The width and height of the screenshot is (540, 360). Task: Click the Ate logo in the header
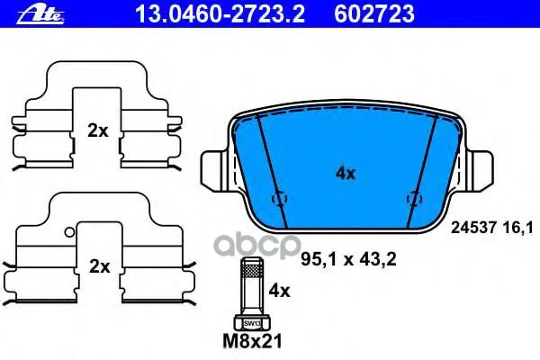coord(40,14)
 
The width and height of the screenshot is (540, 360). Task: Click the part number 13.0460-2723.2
coord(220,14)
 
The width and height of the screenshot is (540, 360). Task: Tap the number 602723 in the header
coord(374,14)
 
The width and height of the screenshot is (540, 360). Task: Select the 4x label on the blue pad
coord(346,174)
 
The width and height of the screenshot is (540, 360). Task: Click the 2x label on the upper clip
coord(97,130)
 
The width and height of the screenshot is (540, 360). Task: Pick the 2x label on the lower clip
coord(99,266)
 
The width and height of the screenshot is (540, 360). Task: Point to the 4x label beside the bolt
coord(279,292)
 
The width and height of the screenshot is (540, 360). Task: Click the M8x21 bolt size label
coord(252,341)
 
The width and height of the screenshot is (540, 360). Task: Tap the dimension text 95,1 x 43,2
coord(348,259)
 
